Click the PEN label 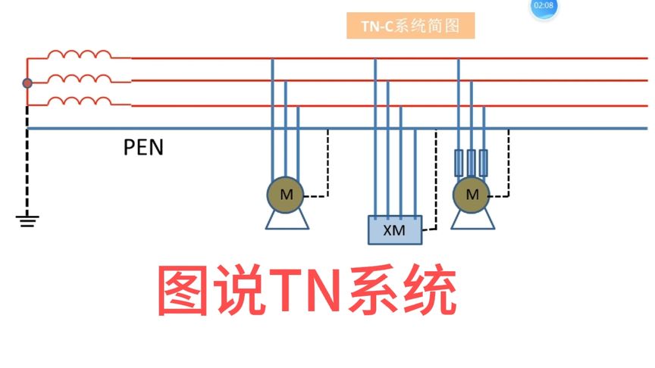click(x=143, y=146)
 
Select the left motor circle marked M click(x=286, y=195)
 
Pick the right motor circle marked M click(x=472, y=195)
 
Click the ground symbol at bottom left click(x=27, y=220)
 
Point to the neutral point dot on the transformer click(x=27, y=83)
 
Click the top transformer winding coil click(x=79, y=55)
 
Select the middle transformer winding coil click(x=79, y=79)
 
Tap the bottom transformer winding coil click(x=79, y=102)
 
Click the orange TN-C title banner click(x=410, y=26)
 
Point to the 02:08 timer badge click(x=544, y=6)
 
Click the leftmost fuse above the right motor click(x=458, y=161)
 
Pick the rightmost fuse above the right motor click(x=484, y=161)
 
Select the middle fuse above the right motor click(x=471, y=161)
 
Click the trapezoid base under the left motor click(x=286, y=220)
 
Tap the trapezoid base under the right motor click(x=472, y=220)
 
